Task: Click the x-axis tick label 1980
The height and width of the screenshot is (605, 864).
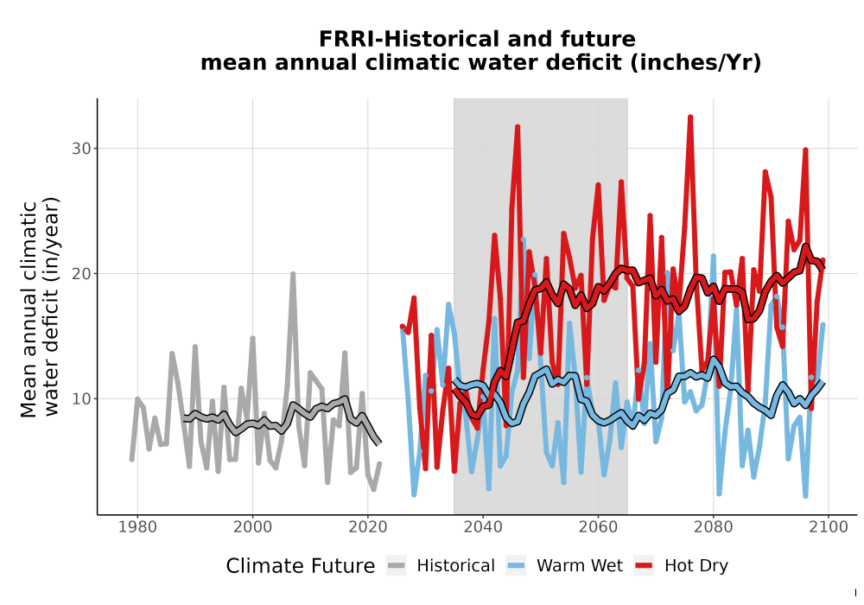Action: pyautogui.click(x=137, y=527)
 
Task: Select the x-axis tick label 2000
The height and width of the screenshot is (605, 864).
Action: pyautogui.click(x=252, y=527)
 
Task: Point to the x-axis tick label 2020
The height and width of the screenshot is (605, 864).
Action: pyautogui.click(x=367, y=527)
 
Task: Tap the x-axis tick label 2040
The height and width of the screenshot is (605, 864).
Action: pyautogui.click(x=483, y=527)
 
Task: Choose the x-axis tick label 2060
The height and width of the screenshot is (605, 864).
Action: pyautogui.click(x=598, y=527)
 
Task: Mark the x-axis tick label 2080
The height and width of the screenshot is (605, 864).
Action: pyautogui.click(x=713, y=527)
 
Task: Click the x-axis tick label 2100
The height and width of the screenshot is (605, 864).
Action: pyautogui.click(x=829, y=527)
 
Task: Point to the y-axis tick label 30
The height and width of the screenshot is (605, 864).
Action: pyautogui.click(x=81, y=149)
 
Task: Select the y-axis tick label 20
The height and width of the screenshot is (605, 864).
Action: pyautogui.click(x=81, y=274)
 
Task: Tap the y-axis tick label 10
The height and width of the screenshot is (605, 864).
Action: pyautogui.click(x=81, y=399)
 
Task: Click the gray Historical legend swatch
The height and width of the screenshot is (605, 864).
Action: pyautogui.click(x=397, y=566)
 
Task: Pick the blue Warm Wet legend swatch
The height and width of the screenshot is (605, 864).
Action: pyautogui.click(x=516, y=566)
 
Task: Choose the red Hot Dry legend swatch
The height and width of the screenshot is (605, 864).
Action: pyautogui.click(x=644, y=566)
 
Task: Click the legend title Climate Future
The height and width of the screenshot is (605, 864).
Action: pyautogui.click(x=301, y=566)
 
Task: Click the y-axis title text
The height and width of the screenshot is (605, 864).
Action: pyautogui.click(x=40, y=309)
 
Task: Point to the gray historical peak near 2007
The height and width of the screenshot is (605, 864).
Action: pyautogui.click(x=293, y=274)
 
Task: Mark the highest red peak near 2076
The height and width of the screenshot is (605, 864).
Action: pyautogui.click(x=689, y=118)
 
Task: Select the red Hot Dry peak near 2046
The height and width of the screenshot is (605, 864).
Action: pyautogui.click(x=518, y=127)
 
